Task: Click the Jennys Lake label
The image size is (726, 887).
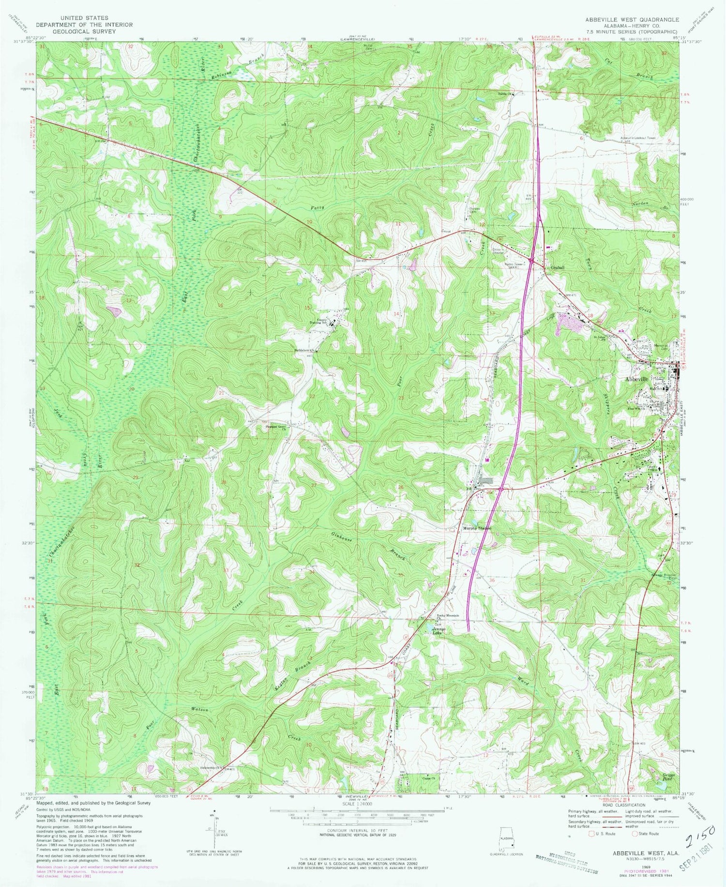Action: point(437,631)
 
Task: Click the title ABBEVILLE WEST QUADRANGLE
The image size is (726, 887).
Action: point(632,20)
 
